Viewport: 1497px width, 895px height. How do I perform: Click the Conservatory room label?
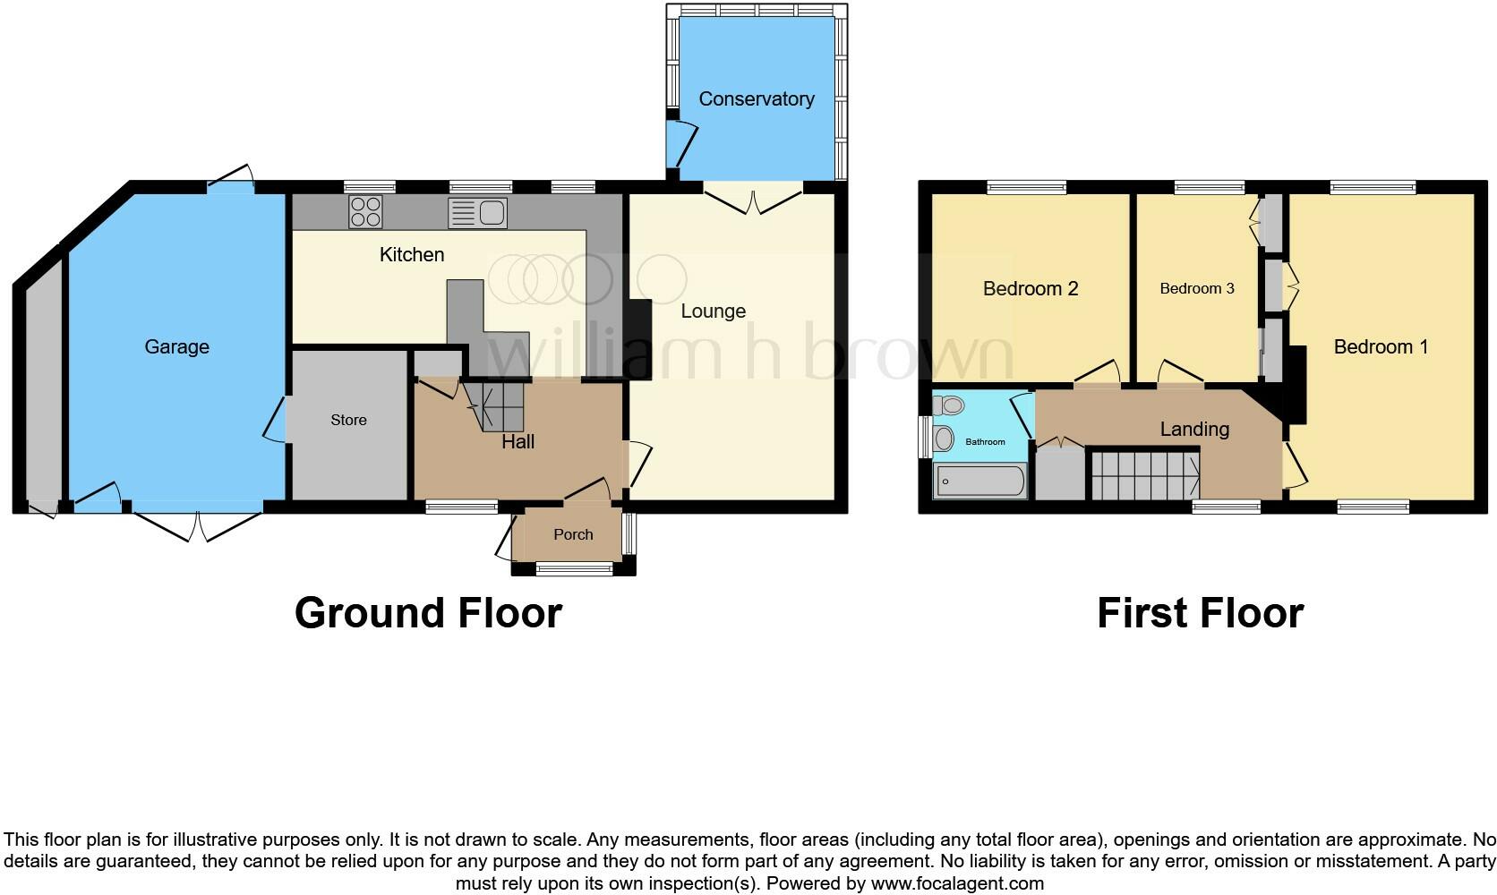[x=756, y=98]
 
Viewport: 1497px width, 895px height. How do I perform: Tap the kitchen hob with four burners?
[x=365, y=212]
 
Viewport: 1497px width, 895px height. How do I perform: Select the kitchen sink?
[x=478, y=213]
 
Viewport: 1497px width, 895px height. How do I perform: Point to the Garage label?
[x=176, y=346]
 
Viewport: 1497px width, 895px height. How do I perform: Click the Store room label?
[x=348, y=420]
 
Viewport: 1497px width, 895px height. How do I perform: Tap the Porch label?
[x=573, y=534]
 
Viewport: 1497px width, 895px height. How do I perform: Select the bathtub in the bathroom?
[x=979, y=482]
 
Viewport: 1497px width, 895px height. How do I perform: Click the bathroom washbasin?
[x=943, y=439]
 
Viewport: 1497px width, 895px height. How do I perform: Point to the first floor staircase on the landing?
[x=1144, y=475]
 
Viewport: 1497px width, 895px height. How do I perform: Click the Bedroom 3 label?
[x=1196, y=288]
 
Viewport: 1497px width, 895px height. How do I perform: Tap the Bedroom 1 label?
[x=1380, y=346]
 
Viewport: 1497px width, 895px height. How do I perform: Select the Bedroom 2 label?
[x=1030, y=288]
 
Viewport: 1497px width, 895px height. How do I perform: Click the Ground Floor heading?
[x=428, y=613]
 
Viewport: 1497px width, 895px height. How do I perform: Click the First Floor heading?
[x=1200, y=613]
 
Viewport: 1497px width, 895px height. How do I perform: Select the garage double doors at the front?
[x=198, y=524]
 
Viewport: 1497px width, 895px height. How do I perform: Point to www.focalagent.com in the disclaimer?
[x=956, y=883]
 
